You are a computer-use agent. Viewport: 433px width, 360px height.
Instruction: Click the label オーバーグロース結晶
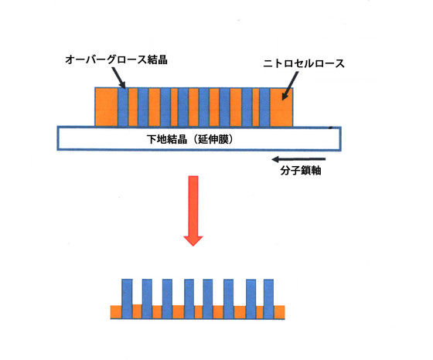(x=116, y=59)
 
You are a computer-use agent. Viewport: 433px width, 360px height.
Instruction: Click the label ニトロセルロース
(x=304, y=63)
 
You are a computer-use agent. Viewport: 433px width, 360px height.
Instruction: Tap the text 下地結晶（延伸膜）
(x=190, y=139)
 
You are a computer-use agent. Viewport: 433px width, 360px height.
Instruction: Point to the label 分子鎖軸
(x=301, y=170)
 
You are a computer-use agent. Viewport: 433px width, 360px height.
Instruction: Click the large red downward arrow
(x=193, y=211)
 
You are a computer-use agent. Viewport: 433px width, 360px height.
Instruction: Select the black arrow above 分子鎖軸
(x=298, y=159)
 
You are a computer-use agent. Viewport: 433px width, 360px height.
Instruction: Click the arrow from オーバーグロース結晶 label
(x=119, y=78)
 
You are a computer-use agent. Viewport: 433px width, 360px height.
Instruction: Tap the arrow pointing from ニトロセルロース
(x=290, y=86)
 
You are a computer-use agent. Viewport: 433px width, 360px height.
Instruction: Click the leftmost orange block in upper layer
(x=107, y=107)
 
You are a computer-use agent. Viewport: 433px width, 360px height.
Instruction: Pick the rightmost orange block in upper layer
(x=281, y=107)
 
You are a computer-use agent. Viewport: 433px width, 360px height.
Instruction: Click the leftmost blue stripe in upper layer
(x=123, y=107)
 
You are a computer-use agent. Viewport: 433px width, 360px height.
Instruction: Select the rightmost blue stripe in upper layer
(x=264, y=107)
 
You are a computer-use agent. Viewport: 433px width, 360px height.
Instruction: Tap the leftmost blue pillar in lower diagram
(x=127, y=299)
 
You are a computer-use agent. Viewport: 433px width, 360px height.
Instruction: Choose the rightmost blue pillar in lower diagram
(x=268, y=299)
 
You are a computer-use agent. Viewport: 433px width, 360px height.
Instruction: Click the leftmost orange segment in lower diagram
(x=116, y=312)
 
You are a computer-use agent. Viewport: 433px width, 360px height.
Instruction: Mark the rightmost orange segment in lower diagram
(x=279, y=312)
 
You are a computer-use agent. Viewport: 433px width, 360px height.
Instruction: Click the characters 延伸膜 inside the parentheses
(x=212, y=139)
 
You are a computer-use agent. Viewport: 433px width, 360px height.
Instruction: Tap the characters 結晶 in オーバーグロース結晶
(x=158, y=59)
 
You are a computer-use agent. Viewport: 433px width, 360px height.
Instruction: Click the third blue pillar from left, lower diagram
(x=167, y=299)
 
